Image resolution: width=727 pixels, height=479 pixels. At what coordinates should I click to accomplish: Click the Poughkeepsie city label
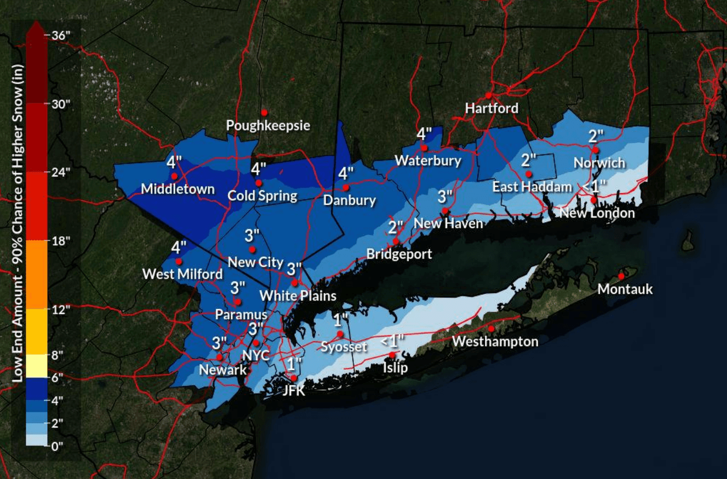point(268,125)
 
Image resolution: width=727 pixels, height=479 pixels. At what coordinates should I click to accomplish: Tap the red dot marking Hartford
point(488,95)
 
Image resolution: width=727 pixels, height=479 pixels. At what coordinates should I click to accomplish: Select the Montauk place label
point(625,289)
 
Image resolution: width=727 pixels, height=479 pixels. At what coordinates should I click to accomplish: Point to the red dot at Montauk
point(621,276)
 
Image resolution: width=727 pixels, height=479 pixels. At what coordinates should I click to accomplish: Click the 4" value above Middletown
point(174,162)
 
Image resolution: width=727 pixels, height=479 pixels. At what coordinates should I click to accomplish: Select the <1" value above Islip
point(392,341)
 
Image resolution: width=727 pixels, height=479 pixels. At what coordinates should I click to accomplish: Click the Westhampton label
point(495,341)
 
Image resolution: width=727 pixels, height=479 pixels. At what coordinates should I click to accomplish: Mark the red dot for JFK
point(294,378)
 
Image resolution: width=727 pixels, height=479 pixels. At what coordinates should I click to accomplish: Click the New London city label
point(597,213)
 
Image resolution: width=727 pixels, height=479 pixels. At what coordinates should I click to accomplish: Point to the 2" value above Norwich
point(595,136)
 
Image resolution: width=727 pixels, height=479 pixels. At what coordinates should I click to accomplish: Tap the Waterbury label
point(428,161)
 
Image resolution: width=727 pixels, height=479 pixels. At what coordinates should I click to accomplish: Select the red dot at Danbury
point(345,187)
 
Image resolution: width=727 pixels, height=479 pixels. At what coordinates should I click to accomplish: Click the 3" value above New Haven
point(445,197)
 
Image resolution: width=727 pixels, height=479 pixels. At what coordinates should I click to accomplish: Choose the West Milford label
point(182,274)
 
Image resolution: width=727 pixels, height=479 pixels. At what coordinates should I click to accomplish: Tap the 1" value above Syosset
point(340,320)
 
